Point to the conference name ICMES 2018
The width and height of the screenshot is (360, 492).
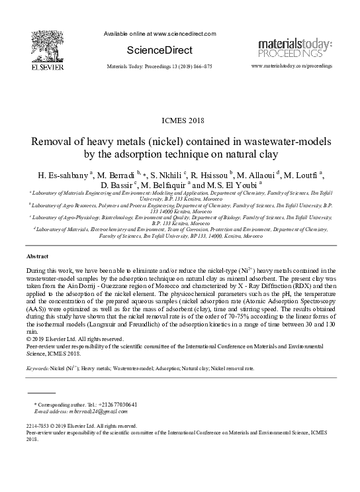pos(179,120)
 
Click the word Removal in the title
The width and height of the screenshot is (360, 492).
pos(56,143)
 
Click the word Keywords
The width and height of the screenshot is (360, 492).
pos(39,368)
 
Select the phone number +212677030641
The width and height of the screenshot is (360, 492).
pos(111,403)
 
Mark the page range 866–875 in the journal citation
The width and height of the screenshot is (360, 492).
pos(199,68)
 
